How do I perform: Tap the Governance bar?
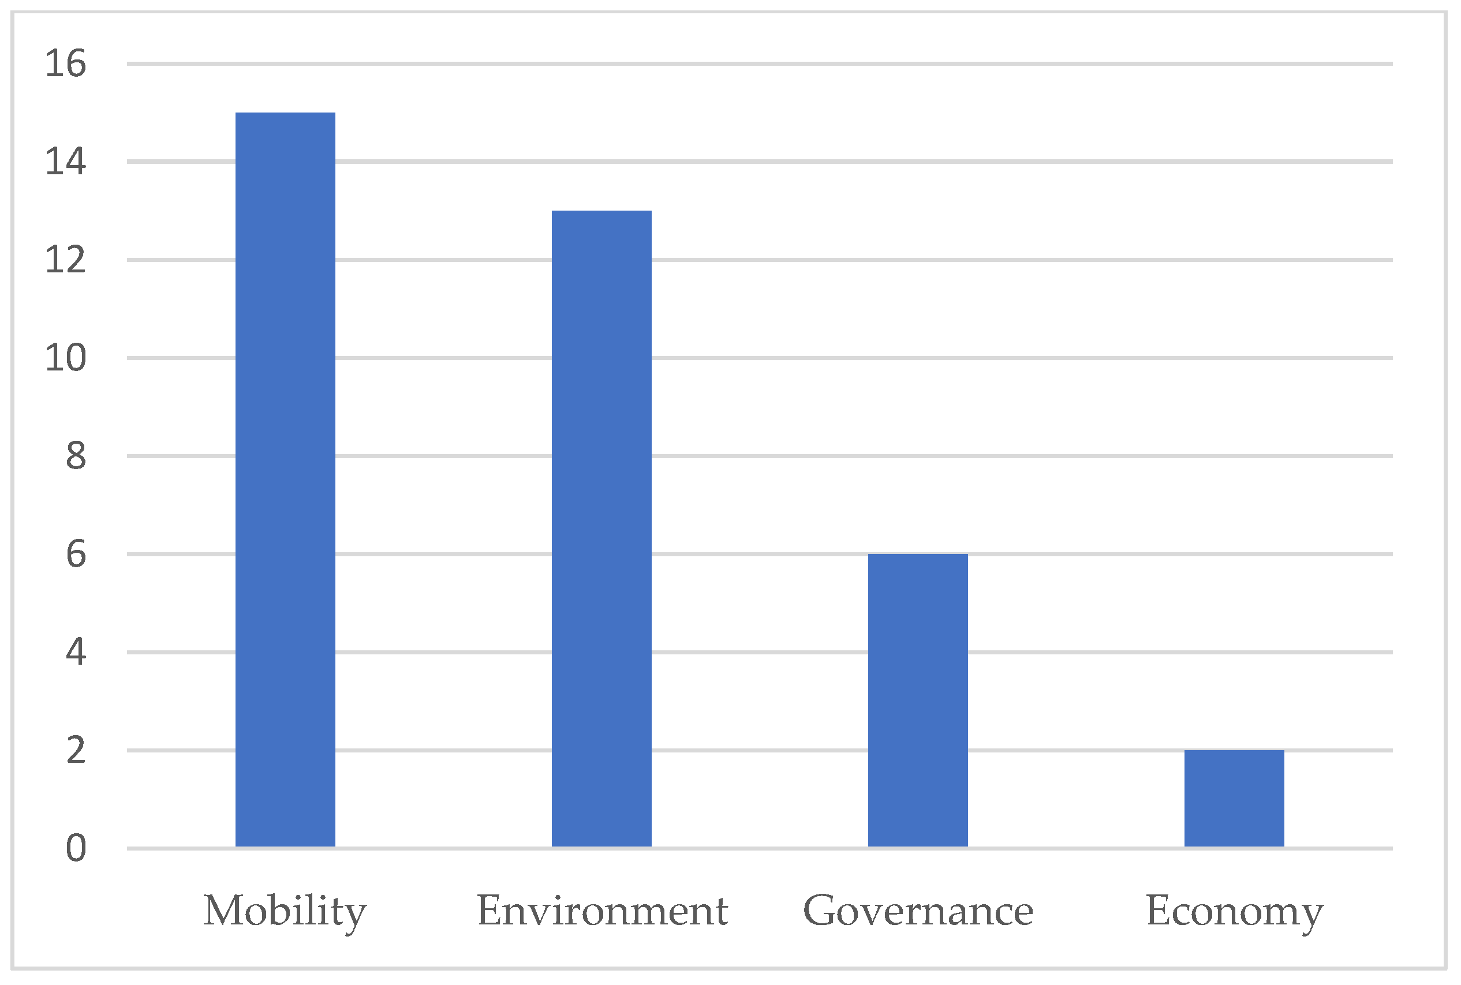pos(917,701)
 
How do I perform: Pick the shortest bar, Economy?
pos(1234,799)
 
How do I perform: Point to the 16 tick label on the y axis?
pos(65,64)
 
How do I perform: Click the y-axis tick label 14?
pos(65,162)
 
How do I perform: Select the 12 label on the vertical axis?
pos(65,260)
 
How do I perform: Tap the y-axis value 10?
pos(65,358)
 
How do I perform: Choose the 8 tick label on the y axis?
pos(76,456)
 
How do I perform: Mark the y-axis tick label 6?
pos(76,555)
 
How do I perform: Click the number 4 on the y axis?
pos(76,653)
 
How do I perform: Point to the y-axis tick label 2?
pos(76,751)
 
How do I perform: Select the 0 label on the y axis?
pos(76,849)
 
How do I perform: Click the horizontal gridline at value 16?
pos(754,63)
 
